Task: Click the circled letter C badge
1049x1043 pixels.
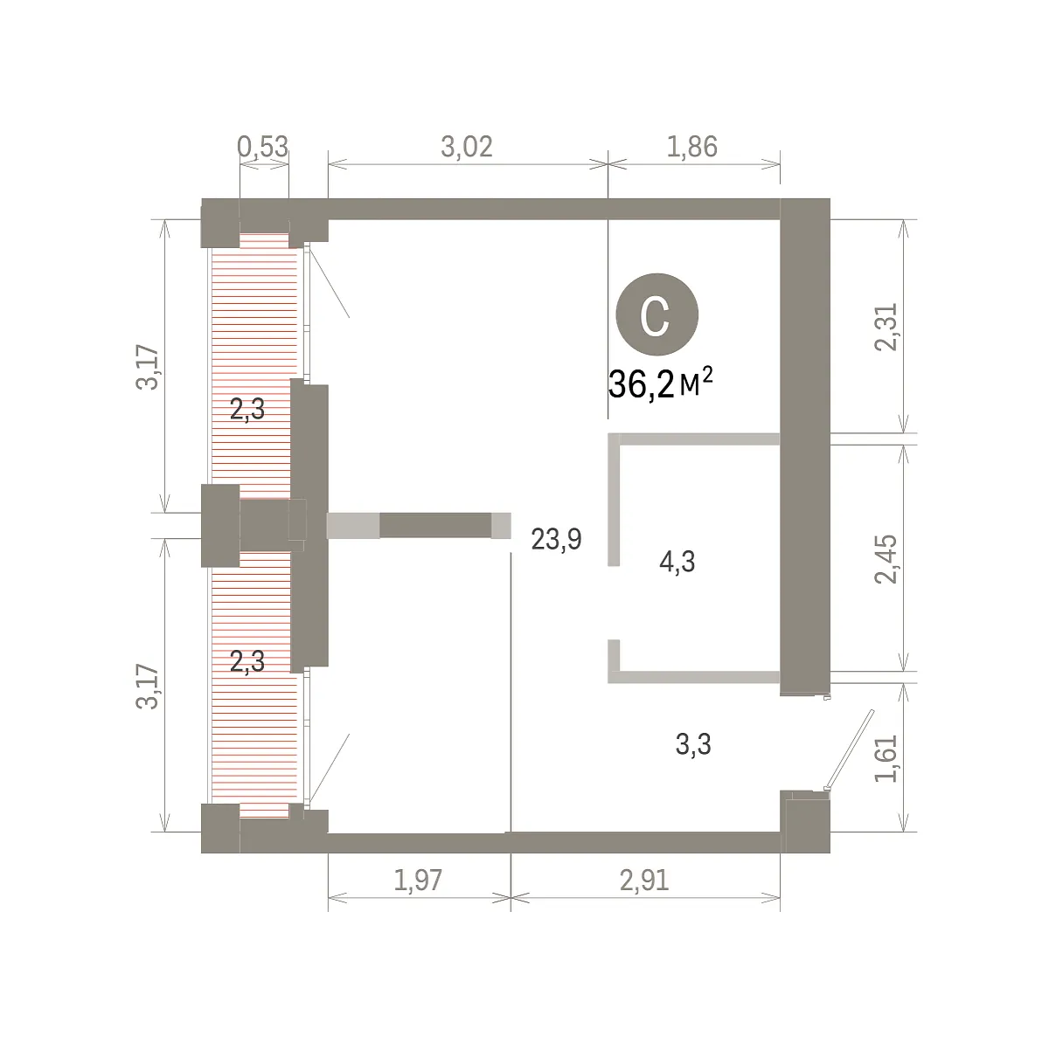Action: click(656, 315)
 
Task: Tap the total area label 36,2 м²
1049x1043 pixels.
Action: click(660, 383)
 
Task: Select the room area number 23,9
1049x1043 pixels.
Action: click(556, 540)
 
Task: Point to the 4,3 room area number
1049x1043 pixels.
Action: click(677, 562)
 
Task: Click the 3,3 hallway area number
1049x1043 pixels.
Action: click(693, 743)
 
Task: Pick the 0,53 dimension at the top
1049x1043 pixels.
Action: click(263, 147)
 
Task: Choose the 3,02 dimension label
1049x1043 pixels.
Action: click(467, 147)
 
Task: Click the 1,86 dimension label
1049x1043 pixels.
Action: click(692, 147)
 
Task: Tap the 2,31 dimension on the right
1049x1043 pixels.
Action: click(886, 327)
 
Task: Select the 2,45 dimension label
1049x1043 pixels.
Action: click(886, 559)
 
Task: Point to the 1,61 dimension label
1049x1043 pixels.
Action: click(886, 758)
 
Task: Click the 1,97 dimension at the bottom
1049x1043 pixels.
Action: click(418, 881)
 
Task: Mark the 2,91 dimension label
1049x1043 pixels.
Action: click(644, 881)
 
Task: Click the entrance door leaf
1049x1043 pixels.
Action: click(850, 749)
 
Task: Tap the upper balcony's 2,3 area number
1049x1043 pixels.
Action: click(247, 409)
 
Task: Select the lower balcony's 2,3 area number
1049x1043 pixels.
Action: click(247, 661)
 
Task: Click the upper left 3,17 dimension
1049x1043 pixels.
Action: click(148, 367)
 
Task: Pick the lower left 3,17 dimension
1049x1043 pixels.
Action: click(148, 686)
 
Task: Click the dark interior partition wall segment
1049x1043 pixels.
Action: click(435, 526)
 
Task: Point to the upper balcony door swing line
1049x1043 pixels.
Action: click(329, 282)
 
